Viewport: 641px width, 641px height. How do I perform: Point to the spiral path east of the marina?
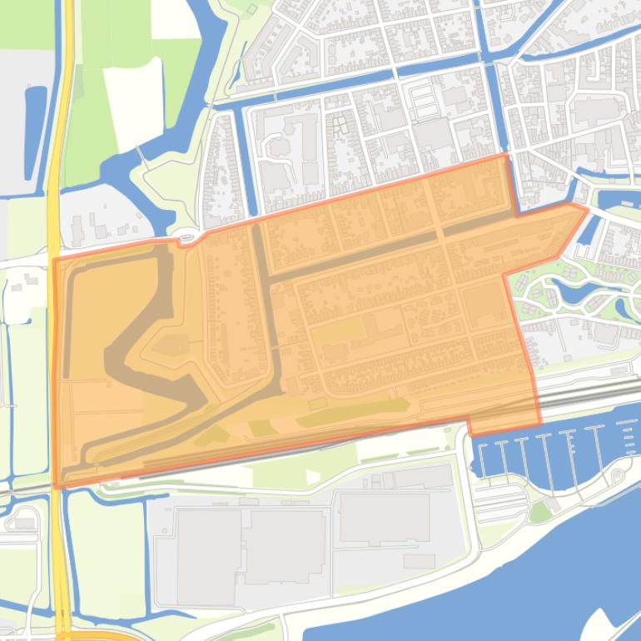point(618,475)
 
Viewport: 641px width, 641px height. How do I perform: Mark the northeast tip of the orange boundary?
point(588,208)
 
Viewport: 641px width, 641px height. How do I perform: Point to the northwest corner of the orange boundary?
point(54,259)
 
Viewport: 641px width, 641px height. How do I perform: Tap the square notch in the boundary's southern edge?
point(470,429)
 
